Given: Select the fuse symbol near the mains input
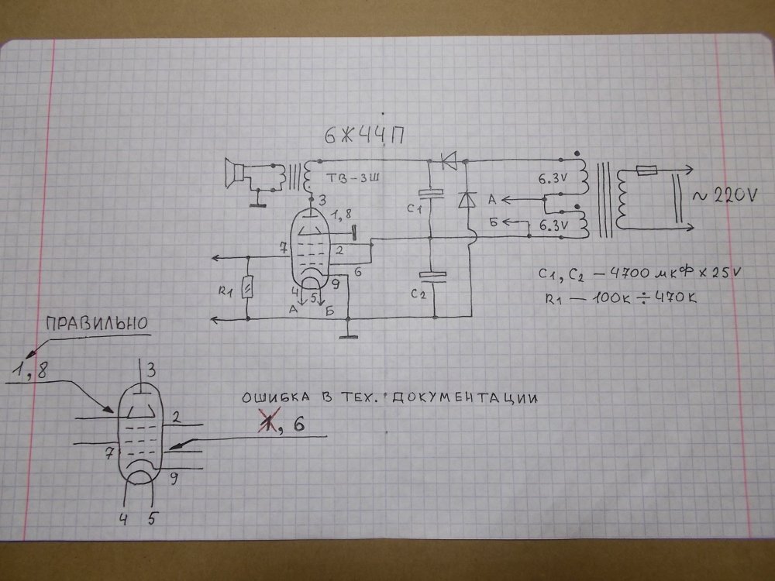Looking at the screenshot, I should (x=646, y=170).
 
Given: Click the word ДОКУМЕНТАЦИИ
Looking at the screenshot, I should (x=464, y=397).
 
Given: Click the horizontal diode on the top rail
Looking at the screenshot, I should (x=448, y=161).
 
